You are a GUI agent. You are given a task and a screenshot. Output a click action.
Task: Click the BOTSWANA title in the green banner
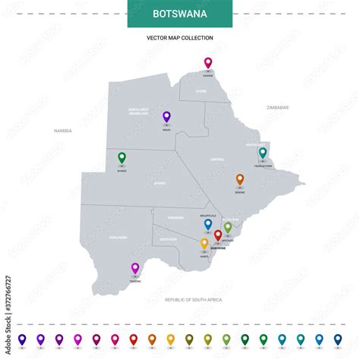[x=180, y=14]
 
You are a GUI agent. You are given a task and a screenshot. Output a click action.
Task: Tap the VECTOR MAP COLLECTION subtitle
[x=180, y=37]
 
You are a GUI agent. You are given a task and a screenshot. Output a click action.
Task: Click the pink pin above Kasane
[x=208, y=62]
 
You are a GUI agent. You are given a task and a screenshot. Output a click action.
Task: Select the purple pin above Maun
[x=166, y=116]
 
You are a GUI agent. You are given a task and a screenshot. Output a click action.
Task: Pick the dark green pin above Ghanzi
[x=122, y=157]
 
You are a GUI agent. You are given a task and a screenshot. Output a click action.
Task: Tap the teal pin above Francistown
[x=263, y=152]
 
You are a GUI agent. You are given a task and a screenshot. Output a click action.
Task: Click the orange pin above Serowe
[x=240, y=179]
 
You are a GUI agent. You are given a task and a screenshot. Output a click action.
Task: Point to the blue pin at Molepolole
[x=208, y=223]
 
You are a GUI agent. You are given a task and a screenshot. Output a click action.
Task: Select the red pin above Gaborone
[x=218, y=235]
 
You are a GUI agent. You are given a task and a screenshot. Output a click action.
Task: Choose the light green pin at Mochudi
[x=227, y=226]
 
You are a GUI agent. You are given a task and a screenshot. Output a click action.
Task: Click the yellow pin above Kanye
[x=204, y=243]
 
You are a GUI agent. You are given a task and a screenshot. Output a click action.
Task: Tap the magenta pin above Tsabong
[x=135, y=267]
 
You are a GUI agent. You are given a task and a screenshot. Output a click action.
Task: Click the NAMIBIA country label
[x=62, y=131]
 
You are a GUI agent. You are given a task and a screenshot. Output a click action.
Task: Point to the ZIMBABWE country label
[x=277, y=108]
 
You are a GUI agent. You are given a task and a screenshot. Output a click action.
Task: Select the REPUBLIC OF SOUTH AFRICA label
[x=194, y=300]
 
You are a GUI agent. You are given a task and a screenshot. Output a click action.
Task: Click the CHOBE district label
[x=201, y=91]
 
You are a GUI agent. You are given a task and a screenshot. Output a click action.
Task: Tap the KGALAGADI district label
[x=118, y=237]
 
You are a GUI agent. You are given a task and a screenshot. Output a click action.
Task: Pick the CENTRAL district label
[x=216, y=159]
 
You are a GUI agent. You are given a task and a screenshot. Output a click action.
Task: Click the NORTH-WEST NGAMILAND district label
[x=144, y=112]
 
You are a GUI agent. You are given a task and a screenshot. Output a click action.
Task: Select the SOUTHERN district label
[x=169, y=239]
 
